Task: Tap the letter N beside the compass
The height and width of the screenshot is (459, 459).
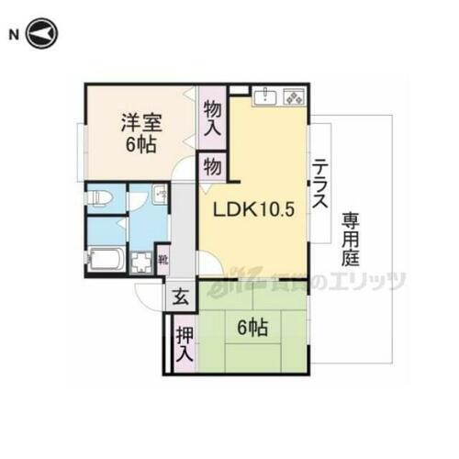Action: (14, 36)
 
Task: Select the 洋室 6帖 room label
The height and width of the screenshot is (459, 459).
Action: (141, 134)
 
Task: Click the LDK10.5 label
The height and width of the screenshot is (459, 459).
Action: (253, 209)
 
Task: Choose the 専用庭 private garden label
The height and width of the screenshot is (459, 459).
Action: (352, 240)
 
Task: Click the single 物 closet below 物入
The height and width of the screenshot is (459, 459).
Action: (212, 168)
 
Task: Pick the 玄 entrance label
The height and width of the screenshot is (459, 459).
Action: (179, 297)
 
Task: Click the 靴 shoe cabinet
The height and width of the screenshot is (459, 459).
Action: (162, 260)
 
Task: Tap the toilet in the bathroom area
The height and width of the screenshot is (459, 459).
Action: (100, 197)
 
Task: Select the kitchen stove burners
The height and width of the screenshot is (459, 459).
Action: (294, 96)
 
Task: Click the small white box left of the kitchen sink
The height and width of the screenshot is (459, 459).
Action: (239, 89)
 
